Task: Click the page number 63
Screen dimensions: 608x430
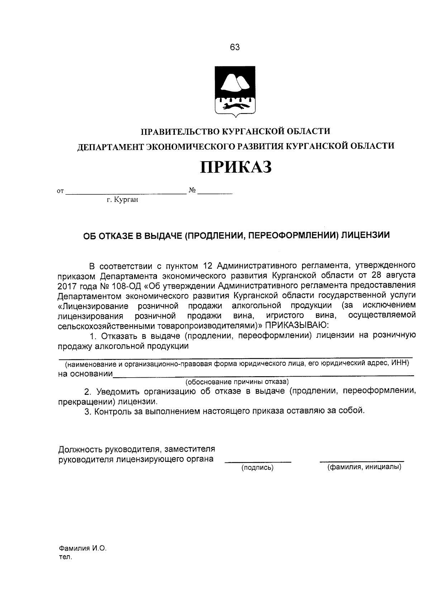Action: pyautogui.click(x=235, y=47)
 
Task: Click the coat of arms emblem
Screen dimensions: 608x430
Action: pyautogui.click(x=235, y=91)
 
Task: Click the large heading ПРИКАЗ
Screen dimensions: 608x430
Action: pyautogui.click(x=235, y=167)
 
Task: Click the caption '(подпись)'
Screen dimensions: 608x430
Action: pyautogui.click(x=257, y=468)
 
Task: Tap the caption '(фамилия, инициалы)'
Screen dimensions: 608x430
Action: pyautogui.click(x=364, y=467)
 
